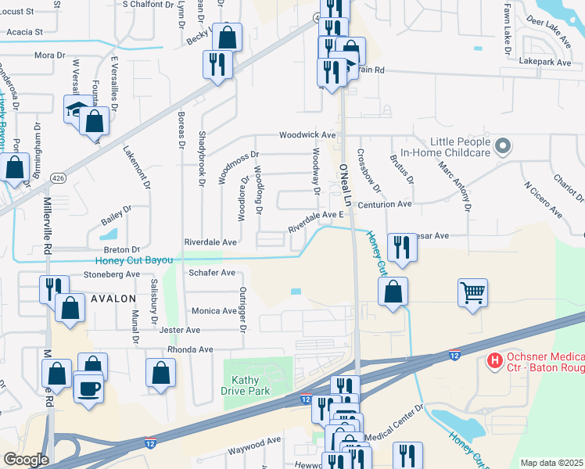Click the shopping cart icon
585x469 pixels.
[x=473, y=293]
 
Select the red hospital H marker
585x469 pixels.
[x=494, y=360]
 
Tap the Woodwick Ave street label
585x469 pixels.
[x=308, y=135]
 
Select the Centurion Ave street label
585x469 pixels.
[x=384, y=204]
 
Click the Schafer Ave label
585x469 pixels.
[x=212, y=273]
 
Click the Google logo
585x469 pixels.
[x=25, y=460]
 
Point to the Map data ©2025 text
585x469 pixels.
[x=551, y=463]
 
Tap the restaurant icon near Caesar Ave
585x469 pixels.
[x=402, y=247]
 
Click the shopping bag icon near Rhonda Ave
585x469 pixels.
[x=160, y=373]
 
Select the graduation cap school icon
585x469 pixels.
[x=76, y=110]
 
